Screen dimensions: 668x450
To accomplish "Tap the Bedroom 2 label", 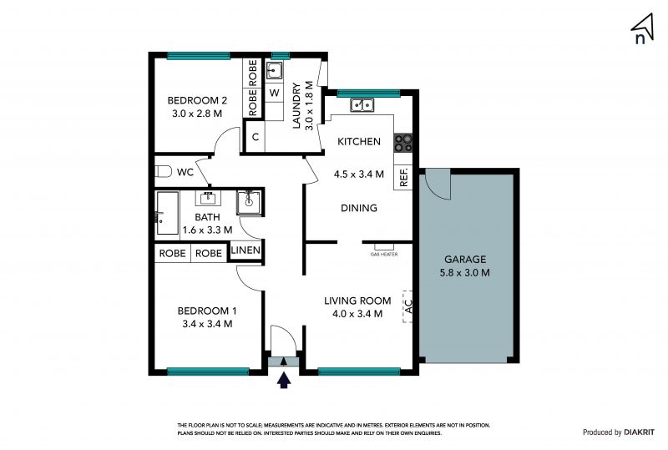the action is tap(197, 100).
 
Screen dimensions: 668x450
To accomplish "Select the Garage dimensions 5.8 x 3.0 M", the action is tap(465, 273).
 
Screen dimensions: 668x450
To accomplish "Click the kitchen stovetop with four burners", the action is tap(403, 143).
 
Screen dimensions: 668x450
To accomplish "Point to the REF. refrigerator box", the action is tap(403, 177).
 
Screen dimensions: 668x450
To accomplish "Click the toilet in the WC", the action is tap(163, 171).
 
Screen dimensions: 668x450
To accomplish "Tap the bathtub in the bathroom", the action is tap(168, 213).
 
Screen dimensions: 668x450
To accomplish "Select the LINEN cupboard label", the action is tap(245, 250).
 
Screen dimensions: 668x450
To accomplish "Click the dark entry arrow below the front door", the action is tap(284, 380).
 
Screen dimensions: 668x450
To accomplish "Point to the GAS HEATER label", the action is tap(384, 255).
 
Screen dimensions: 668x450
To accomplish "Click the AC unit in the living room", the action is tap(407, 306).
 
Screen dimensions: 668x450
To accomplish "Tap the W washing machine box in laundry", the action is tap(275, 93).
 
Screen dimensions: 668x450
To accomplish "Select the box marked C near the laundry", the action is tap(256, 137).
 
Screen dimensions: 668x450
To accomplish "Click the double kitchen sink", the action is tap(362, 105).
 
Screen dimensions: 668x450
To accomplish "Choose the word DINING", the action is tap(359, 208).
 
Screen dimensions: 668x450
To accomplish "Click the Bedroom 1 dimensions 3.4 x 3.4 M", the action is tap(207, 324).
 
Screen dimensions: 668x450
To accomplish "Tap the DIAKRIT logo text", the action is tap(639, 432).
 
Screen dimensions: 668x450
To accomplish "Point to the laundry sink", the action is tap(274, 71).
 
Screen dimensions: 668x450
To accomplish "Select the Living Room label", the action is tap(357, 301).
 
